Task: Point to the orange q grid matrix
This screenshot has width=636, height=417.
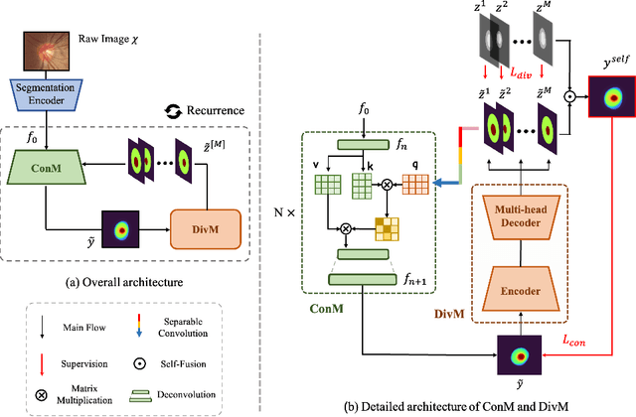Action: click(416, 185)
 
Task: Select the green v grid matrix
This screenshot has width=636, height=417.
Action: click(328, 185)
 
